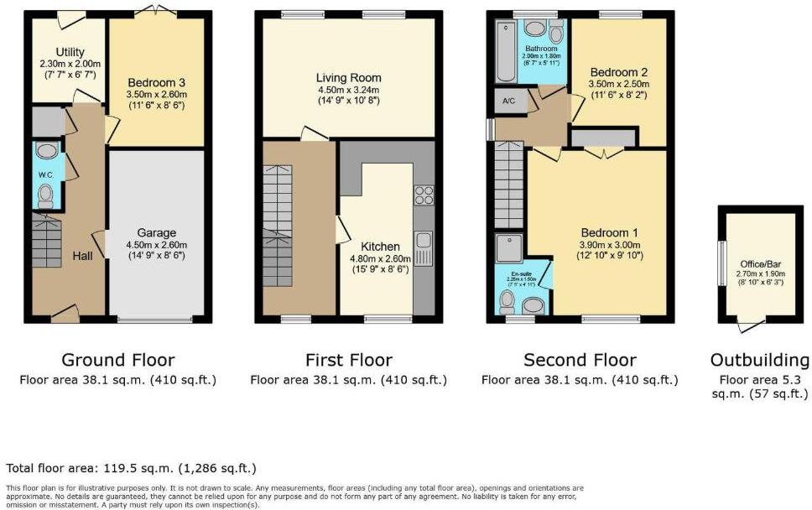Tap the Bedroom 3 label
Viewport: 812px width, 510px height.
coord(155,82)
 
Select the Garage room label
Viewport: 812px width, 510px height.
coord(155,235)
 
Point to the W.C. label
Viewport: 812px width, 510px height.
coord(45,174)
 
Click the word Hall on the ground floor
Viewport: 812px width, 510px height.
coord(82,255)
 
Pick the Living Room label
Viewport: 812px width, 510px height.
coord(348,78)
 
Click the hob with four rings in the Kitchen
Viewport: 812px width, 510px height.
coord(423,195)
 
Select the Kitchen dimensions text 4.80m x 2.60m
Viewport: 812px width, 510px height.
coord(379,258)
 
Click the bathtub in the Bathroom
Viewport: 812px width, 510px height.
coord(505,52)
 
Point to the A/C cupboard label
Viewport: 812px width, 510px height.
coord(508,102)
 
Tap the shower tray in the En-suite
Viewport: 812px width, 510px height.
coord(509,248)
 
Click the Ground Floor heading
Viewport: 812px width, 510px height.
coord(118,361)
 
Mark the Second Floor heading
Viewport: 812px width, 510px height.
coord(580,361)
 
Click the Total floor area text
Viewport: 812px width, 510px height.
coord(131,468)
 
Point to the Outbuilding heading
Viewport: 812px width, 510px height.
coord(760,361)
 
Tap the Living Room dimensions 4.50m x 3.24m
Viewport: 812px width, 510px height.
coord(348,91)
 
